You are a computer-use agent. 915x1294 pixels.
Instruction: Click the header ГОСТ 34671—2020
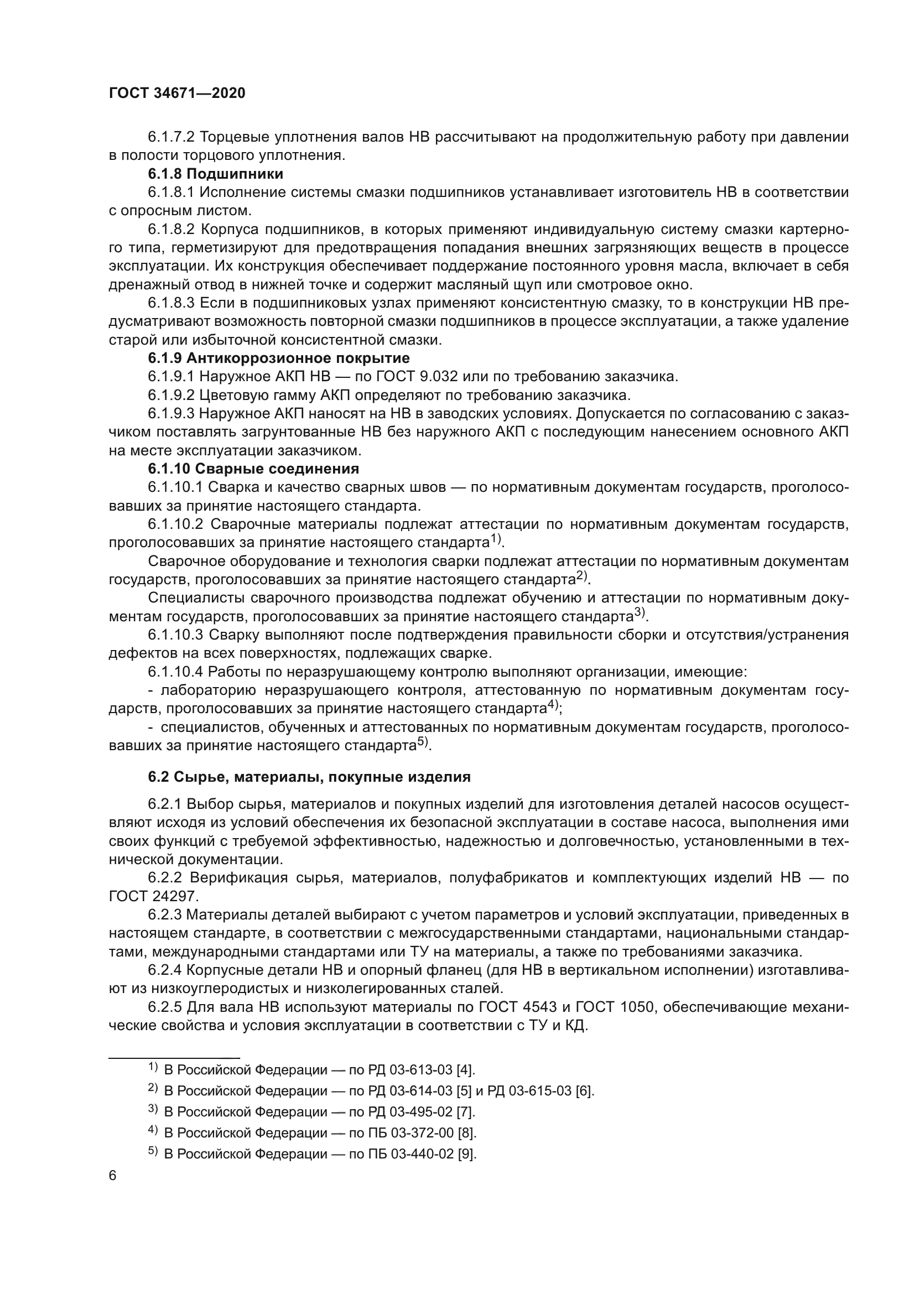point(177,93)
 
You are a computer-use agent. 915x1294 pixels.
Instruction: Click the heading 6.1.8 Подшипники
point(215,174)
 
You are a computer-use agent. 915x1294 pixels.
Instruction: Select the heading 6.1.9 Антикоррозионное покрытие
point(278,358)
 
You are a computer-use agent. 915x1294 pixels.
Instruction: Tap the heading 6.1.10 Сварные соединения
point(253,469)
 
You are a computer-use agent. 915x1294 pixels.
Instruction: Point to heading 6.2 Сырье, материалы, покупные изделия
point(309,777)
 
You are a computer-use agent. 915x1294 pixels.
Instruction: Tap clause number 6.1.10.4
point(175,672)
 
